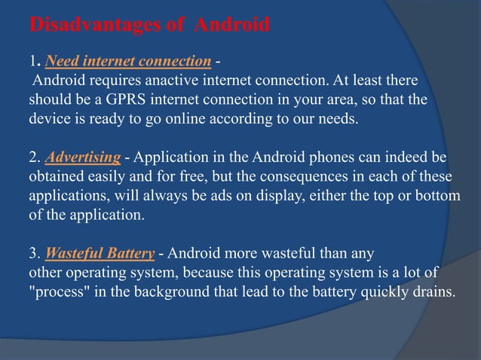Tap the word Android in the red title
click(x=231, y=26)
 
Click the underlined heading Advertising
click(x=83, y=157)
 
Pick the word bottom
click(x=440, y=196)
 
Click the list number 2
click(x=33, y=157)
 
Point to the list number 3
click(x=33, y=252)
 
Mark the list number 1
click(x=32, y=60)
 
